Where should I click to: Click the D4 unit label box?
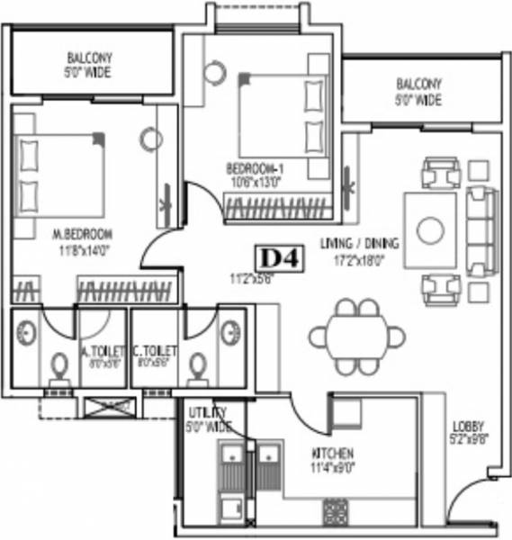coord(281,259)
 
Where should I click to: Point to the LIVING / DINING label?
coord(360,242)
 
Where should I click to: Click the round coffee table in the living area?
coord(430,229)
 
